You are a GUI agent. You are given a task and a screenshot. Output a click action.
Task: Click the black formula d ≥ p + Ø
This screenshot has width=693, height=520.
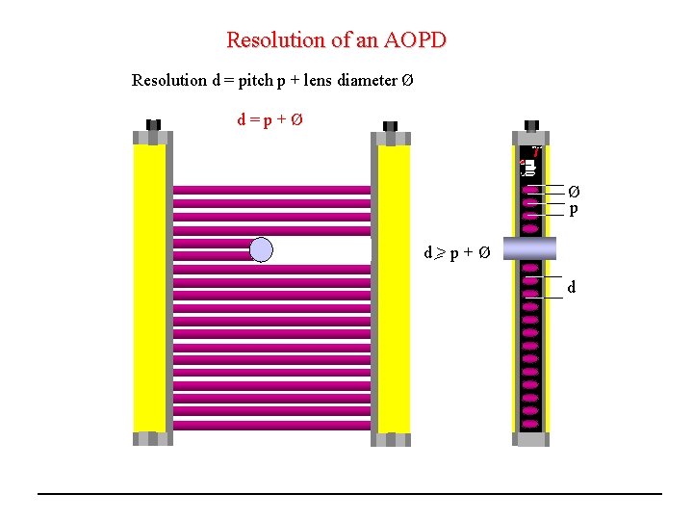(x=458, y=253)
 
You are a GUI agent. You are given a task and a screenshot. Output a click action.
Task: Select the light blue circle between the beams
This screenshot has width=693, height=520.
(x=262, y=250)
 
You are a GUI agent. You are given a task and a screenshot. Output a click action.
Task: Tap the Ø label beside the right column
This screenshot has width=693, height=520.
(x=574, y=192)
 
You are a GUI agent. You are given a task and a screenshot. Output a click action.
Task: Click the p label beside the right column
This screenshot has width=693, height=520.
(x=574, y=209)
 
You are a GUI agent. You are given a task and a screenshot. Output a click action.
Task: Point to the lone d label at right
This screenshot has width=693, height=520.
(x=572, y=287)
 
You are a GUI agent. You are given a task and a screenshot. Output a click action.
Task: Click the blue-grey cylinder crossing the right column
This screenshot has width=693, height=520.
(x=528, y=247)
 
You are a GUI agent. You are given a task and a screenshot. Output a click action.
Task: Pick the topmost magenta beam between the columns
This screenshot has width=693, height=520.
(x=271, y=190)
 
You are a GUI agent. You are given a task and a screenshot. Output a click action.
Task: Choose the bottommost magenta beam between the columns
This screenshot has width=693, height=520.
(x=271, y=425)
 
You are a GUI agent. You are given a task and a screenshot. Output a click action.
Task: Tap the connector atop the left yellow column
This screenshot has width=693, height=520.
(x=152, y=125)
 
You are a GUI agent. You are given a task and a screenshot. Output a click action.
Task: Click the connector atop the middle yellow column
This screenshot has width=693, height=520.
(x=391, y=127)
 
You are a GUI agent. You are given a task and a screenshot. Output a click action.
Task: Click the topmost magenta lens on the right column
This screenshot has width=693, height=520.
(x=529, y=191)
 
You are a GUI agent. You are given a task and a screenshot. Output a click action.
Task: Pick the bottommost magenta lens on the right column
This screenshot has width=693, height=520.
(x=529, y=422)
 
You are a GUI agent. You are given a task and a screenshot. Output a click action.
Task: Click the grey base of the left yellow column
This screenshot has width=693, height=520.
(x=152, y=438)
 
